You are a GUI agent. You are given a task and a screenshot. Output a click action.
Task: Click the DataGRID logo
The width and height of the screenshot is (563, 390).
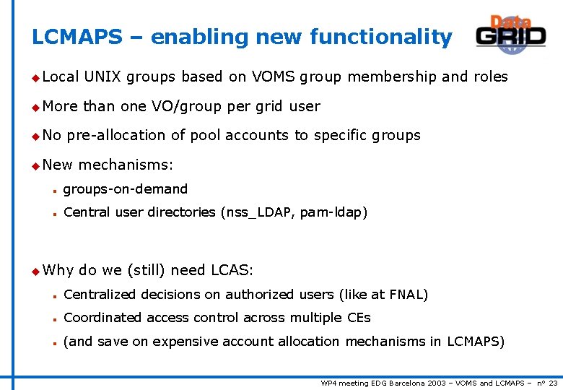510,34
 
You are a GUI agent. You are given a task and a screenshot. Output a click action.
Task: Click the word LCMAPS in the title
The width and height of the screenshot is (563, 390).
77,37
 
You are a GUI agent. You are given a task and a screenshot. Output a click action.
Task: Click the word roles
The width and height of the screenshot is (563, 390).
490,77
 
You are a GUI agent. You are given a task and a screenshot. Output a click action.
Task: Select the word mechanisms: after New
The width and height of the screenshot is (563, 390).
126,165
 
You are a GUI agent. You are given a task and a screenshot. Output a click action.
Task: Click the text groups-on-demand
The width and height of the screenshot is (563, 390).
126,189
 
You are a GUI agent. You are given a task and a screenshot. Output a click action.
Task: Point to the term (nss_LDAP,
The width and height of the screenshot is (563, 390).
258,212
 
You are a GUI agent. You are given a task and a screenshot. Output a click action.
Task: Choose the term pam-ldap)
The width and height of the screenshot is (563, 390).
333,212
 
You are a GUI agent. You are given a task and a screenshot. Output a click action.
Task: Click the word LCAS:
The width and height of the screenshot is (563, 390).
232,270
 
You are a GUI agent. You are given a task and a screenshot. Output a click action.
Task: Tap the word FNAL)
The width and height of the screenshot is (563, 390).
409,295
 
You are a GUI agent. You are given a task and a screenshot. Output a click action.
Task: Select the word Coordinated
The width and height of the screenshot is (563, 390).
103,318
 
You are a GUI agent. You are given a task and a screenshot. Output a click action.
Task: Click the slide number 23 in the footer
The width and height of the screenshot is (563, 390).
553,383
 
